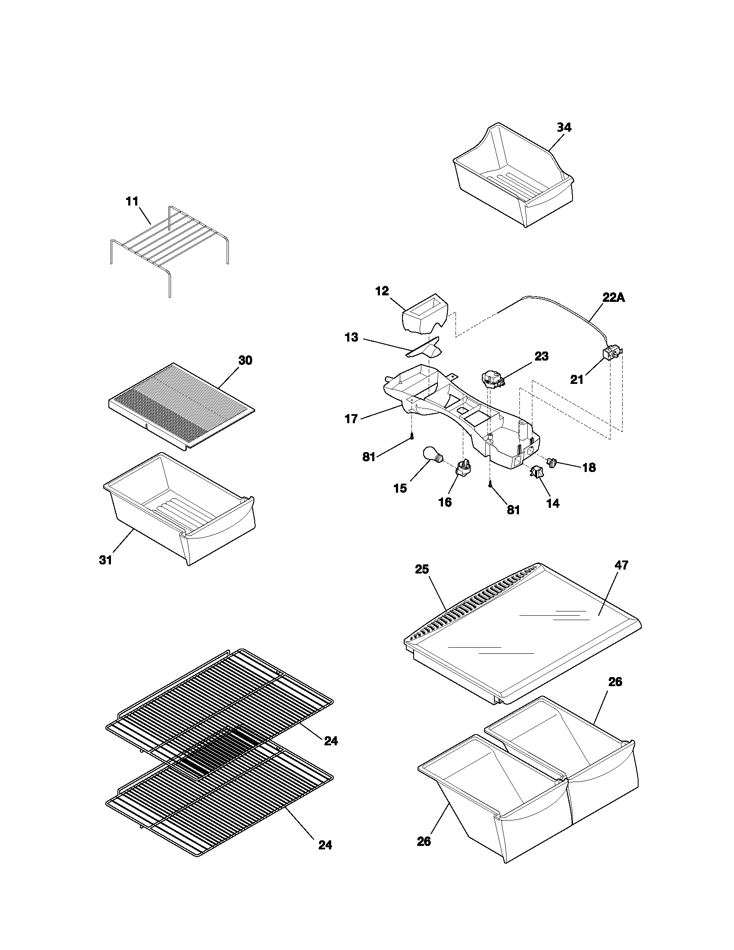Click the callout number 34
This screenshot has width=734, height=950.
(564, 127)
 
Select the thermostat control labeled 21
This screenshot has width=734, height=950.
(611, 353)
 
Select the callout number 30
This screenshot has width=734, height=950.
(245, 361)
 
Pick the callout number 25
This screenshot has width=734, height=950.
(422, 570)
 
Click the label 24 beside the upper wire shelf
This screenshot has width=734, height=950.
(331, 741)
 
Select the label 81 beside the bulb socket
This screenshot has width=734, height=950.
(513, 510)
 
